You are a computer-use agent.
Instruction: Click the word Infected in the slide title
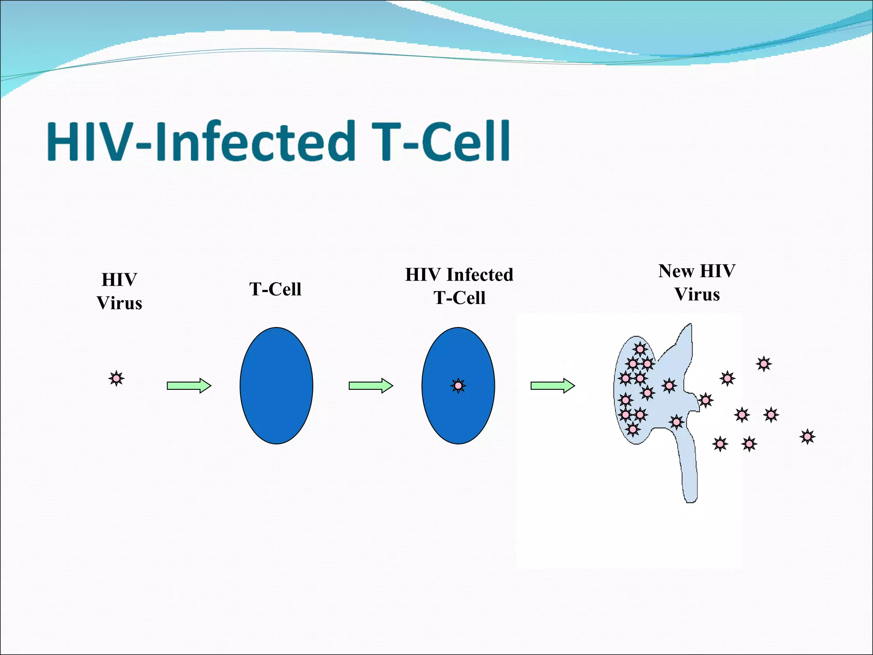click(x=256, y=142)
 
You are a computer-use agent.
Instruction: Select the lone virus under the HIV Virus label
click(x=116, y=378)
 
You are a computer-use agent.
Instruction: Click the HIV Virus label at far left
click(x=119, y=292)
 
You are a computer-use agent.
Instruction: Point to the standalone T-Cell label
click(x=275, y=290)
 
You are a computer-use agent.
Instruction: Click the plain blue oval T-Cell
click(x=276, y=386)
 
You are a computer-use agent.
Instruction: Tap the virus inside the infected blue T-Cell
click(x=458, y=386)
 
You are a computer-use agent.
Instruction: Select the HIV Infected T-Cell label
click(x=459, y=286)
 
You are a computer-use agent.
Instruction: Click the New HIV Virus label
click(x=697, y=283)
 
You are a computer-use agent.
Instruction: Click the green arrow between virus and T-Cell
click(x=189, y=386)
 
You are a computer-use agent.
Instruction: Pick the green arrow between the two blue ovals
click(x=370, y=386)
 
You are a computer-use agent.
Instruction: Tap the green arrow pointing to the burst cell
click(x=552, y=386)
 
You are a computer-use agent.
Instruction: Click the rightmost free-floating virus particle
click(x=807, y=437)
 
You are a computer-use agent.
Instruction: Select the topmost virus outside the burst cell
click(x=763, y=364)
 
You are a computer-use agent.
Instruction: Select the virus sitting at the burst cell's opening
click(x=705, y=400)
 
